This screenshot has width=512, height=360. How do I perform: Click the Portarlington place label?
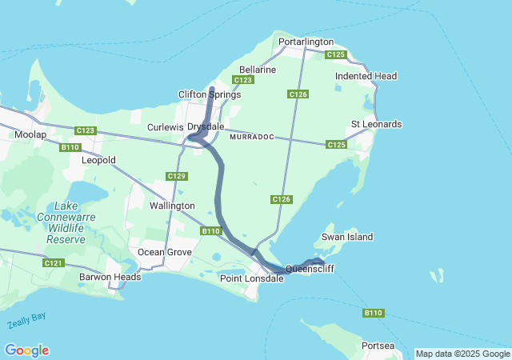pos(306,42)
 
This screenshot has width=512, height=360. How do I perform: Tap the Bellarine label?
pos(258,70)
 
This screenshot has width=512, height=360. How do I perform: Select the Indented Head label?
pos(366,76)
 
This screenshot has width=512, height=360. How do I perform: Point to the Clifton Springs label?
pos(209,94)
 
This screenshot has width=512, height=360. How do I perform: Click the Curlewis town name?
pos(166,127)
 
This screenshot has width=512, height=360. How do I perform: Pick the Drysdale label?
pos(206,127)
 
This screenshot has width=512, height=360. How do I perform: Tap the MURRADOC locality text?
pos(251,138)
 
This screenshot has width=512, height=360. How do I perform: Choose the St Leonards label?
pos(376,125)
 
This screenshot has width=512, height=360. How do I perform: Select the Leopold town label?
pos(98,160)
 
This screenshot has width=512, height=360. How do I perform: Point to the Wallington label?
pos(172,206)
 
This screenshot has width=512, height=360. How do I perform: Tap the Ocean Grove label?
pos(165,252)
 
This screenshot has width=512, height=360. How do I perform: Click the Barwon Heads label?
pos(110,277)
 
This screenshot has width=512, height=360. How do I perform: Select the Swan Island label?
pos(347,237)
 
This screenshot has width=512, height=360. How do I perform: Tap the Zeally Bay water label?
pos(26,321)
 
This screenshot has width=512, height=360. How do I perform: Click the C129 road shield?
pos(177,176)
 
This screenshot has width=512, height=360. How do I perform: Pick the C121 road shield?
pos(54,262)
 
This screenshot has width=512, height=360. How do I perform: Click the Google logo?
pos(26,350)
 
